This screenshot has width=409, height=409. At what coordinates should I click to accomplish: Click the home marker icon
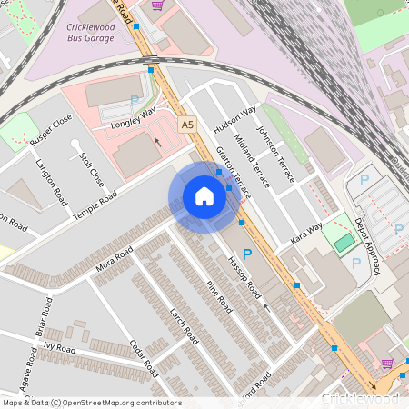[x=204, y=196]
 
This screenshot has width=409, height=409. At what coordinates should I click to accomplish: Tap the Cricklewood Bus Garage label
[x=101, y=34]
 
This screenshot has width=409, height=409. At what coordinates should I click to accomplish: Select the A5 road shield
[x=187, y=125]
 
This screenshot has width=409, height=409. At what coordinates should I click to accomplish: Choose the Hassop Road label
[x=244, y=281]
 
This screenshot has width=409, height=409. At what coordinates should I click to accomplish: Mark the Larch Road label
[x=184, y=324]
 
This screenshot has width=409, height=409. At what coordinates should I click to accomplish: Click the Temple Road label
[x=95, y=196]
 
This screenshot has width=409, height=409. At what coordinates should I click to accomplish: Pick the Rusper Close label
[x=51, y=131]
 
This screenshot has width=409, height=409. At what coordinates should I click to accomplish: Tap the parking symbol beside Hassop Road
[x=246, y=255]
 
